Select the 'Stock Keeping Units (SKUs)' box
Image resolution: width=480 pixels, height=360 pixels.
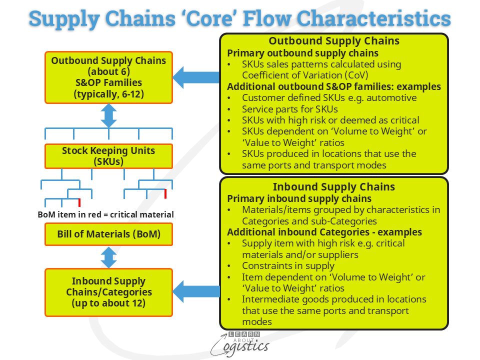pos(108,156)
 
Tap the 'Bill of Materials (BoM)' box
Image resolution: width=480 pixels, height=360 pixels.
pos(108,233)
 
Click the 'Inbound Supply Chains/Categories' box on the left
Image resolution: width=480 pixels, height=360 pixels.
pos(108,292)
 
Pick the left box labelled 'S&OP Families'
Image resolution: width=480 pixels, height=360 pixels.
pos(108,77)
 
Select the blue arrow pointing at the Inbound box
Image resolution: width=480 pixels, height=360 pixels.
pos(196,291)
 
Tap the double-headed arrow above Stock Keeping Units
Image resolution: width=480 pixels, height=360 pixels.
pos(108,115)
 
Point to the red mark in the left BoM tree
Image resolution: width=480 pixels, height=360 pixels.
pos(79,202)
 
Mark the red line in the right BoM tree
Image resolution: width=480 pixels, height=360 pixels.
pos(165,193)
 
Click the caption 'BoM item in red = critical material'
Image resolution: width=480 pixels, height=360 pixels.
pos(106,214)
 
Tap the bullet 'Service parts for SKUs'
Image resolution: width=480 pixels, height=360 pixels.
pos(290,108)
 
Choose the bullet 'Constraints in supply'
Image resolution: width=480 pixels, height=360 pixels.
pos(288,265)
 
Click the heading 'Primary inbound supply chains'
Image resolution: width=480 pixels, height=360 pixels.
pos(295,198)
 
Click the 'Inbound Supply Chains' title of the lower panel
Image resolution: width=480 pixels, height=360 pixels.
pos(334,187)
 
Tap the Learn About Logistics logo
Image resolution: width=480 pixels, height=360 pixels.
pos(240,343)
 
